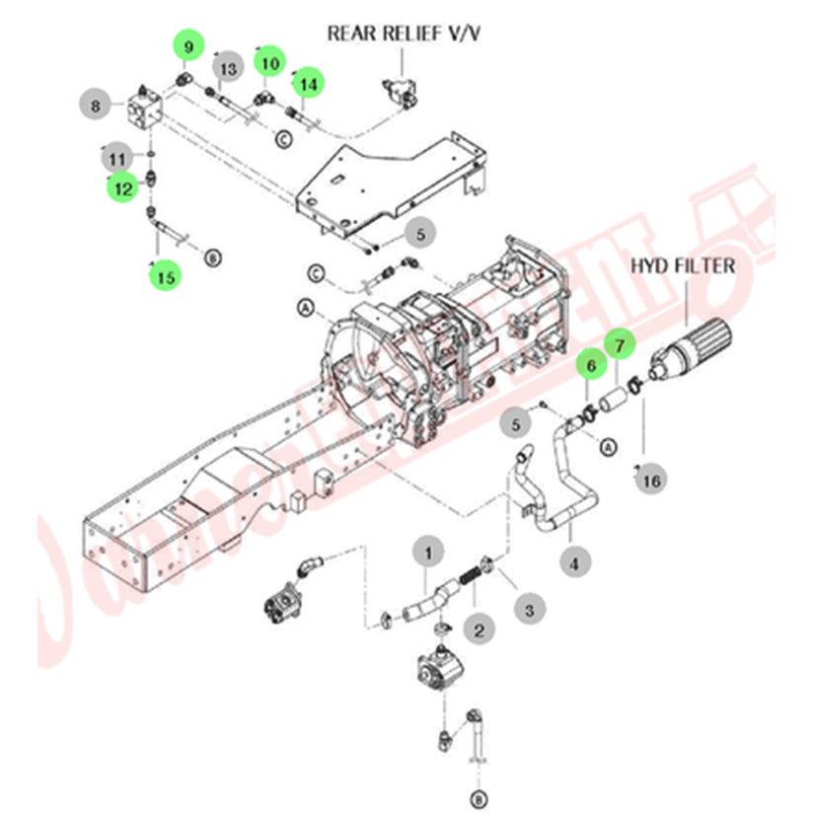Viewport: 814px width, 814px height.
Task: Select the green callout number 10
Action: pos(267,61)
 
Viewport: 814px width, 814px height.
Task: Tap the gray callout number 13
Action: pos(228,68)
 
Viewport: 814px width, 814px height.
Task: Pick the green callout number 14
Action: pos(309,84)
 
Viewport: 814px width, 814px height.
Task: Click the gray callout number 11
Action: pos(116,157)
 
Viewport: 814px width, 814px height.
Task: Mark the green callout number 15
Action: pos(165,277)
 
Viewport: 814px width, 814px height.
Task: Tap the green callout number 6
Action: pos(591,365)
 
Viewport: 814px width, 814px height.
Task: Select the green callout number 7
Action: pos(620,344)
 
